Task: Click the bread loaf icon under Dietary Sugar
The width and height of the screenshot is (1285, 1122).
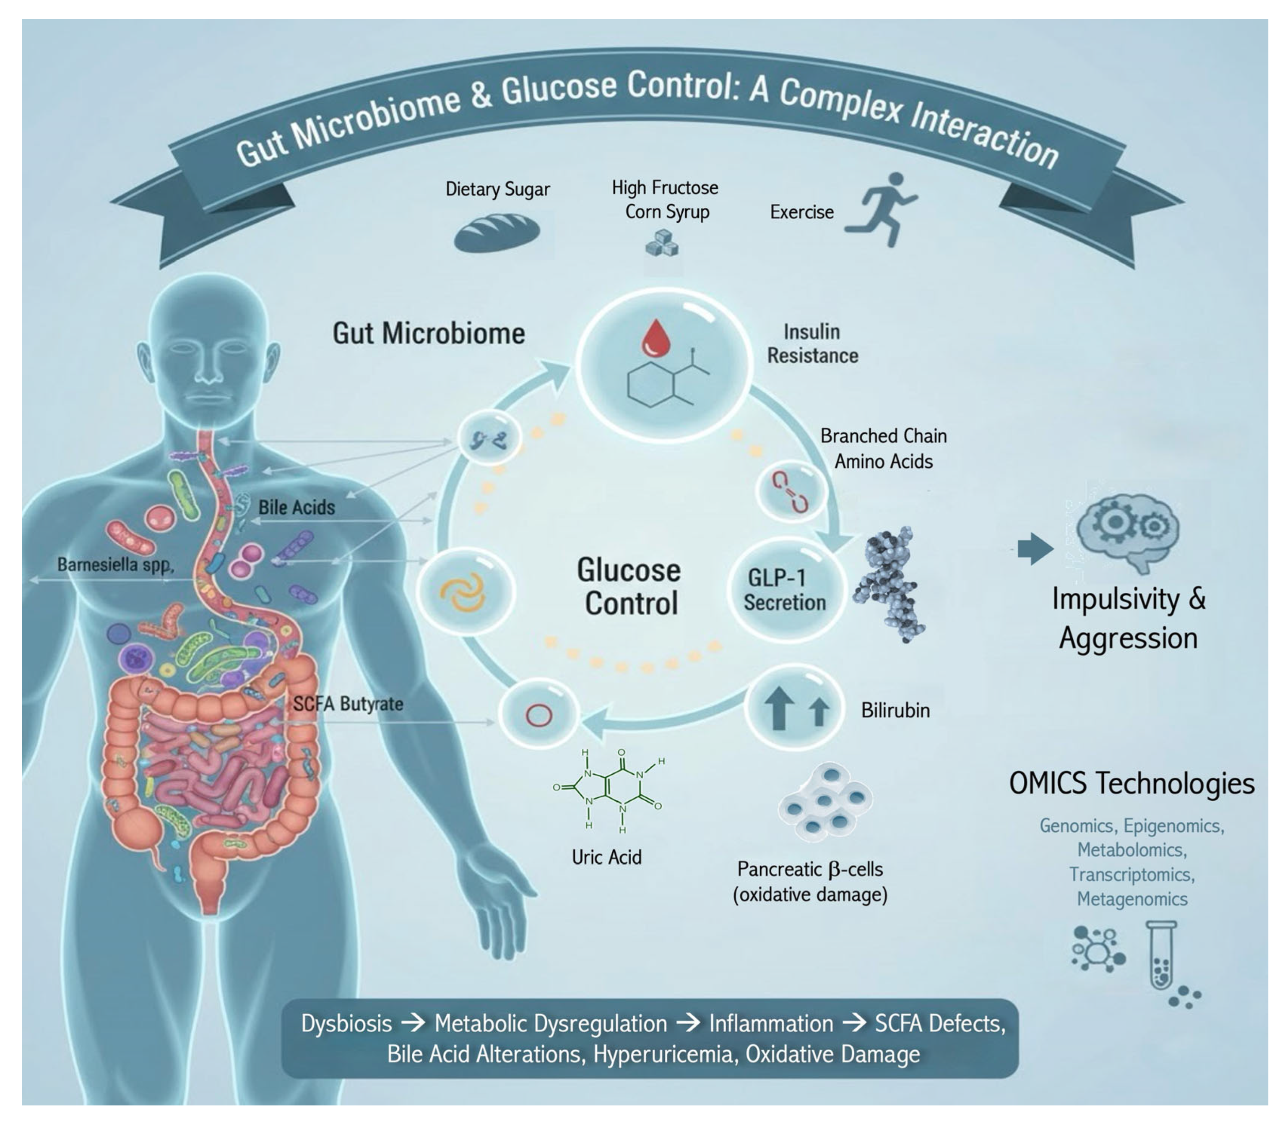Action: pos(497,233)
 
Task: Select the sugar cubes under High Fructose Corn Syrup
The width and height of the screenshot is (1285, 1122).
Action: pos(662,243)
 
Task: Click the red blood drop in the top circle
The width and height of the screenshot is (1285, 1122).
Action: pos(656,336)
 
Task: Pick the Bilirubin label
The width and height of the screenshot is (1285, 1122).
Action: pos(895,711)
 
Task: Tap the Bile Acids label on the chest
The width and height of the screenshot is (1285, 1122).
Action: pos(297,507)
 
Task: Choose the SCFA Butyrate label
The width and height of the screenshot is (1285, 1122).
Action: pos(348,704)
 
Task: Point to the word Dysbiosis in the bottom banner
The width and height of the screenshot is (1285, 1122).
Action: pos(346,1024)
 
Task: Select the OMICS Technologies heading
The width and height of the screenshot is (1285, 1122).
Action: pos(1132,783)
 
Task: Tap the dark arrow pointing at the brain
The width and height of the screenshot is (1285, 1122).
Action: pos(1035,549)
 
